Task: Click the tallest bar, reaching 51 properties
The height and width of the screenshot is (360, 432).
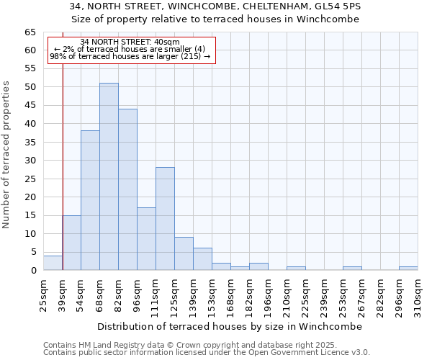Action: [109, 176]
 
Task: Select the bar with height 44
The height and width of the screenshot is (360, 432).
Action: [127, 189]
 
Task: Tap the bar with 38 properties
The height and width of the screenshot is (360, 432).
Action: [90, 200]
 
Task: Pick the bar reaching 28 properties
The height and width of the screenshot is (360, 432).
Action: [165, 219]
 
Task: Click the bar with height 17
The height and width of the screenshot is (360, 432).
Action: [146, 239]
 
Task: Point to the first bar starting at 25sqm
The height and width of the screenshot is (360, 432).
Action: [53, 263]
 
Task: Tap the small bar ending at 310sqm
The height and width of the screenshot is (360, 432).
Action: [408, 268]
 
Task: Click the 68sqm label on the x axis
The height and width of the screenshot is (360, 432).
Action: [99, 292]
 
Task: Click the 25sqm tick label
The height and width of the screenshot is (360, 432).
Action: [43, 292]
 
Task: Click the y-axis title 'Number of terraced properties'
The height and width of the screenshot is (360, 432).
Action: [6, 154]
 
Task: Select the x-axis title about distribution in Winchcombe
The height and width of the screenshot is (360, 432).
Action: [229, 326]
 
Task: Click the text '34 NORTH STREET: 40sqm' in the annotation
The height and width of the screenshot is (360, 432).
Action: [130, 42]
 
